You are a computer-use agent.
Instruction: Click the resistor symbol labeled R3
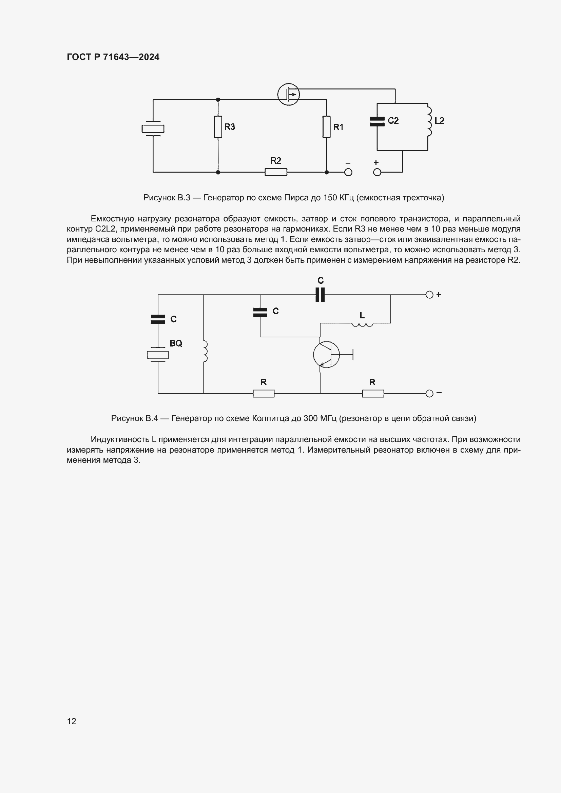coord(218,127)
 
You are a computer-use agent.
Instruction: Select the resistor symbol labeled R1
coord(326,127)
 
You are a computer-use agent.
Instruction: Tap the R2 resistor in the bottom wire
coord(276,172)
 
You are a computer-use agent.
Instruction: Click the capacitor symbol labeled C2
coord(377,121)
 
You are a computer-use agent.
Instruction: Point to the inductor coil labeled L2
coord(429,121)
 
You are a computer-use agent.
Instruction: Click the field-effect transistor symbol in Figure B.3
coord(288,94)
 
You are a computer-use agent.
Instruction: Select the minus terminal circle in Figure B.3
coord(348,172)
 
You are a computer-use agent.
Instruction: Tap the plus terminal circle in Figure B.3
coord(377,172)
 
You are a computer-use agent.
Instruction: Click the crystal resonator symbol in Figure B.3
coord(153,128)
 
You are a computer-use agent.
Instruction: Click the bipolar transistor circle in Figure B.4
coord(326,354)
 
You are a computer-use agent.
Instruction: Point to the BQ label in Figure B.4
coord(176,343)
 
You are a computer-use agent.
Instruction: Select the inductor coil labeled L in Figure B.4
coord(362,324)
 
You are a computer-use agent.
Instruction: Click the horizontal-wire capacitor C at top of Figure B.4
coord(320,295)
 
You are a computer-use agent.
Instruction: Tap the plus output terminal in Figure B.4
coord(429,295)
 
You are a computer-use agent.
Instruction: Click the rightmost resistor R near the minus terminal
coord(373,393)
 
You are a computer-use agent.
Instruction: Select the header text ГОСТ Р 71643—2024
coord(113,57)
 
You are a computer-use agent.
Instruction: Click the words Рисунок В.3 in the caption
coord(167,198)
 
